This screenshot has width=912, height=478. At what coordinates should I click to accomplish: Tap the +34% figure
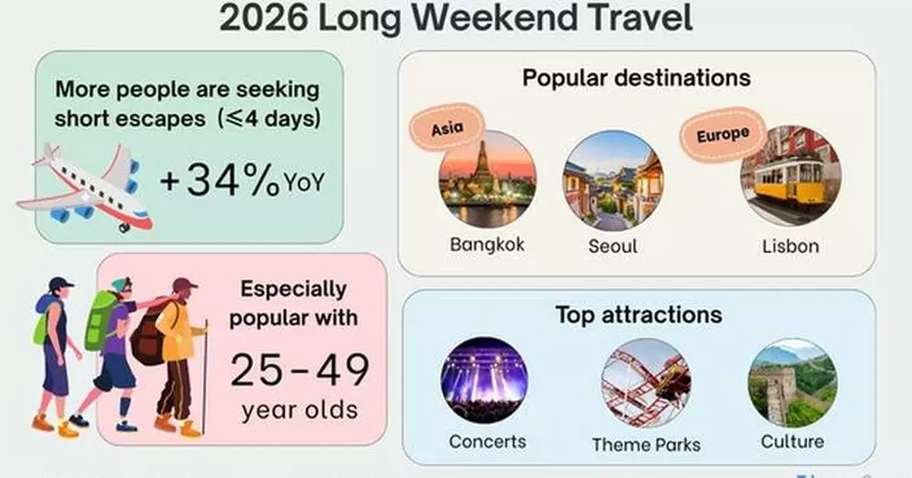coord(220,183)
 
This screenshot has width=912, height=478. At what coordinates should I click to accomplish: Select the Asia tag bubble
coord(447,128)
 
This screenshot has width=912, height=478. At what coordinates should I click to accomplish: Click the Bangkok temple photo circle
coord(487,179)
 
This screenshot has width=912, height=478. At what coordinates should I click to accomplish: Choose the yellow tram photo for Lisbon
coord(790,176)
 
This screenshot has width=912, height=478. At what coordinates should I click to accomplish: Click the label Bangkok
coord(487,245)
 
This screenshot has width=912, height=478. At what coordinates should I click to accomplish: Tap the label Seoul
coord(613,246)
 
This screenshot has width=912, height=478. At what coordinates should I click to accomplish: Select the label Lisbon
coord(790,246)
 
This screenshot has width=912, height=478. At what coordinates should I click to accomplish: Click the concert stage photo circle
coord(484,380)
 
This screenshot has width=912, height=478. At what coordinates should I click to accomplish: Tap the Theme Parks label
coord(646,444)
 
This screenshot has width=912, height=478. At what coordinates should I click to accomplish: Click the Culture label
coord(792,441)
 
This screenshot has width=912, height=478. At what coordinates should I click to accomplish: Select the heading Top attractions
coord(638,315)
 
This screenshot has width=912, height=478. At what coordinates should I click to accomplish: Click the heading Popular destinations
coord(636,78)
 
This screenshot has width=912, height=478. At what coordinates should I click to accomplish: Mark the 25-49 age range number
coord(299,371)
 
